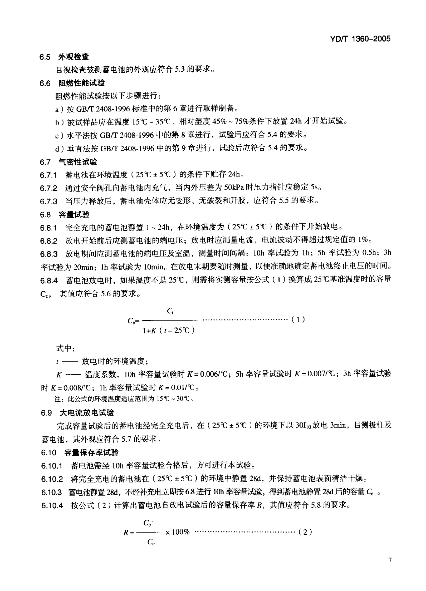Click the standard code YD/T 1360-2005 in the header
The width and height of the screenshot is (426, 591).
point(360,39)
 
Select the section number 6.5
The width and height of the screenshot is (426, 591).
point(45,57)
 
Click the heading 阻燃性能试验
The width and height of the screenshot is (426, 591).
point(81,83)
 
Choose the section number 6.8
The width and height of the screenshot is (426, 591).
point(45,215)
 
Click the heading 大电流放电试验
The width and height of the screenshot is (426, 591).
point(87,413)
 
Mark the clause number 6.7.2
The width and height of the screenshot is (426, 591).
point(48,188)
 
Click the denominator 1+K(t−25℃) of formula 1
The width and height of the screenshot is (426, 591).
point(169,331)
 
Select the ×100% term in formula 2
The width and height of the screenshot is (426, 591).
point(177,532)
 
